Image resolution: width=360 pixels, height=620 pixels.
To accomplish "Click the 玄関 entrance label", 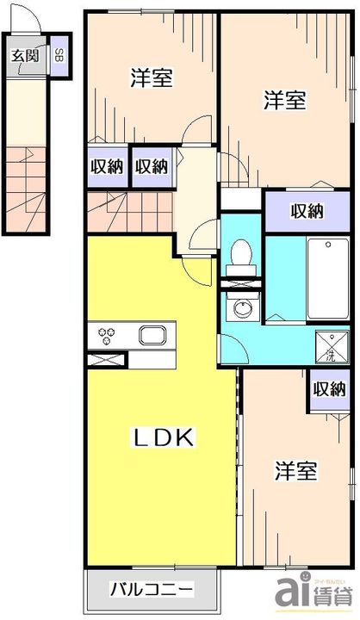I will coord(25,57).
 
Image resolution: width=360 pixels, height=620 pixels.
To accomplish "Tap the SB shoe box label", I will coord(59,57).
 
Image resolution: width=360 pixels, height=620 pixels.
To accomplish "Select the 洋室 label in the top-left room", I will coord(152,77).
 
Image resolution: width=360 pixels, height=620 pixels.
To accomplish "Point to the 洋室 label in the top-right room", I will coord(283,100).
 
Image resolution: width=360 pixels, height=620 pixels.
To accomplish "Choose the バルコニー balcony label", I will coord(152,592).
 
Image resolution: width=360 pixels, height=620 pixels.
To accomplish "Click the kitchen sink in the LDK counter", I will coord(152,334).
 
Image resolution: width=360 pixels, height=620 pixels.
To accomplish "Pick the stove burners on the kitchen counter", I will coord(108,333).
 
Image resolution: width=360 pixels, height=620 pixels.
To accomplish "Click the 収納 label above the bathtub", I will coord(307,210).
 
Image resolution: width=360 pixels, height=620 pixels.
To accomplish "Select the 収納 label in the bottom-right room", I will coord(330,390).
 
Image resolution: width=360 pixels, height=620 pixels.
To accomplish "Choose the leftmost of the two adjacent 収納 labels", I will coord(106,166).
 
